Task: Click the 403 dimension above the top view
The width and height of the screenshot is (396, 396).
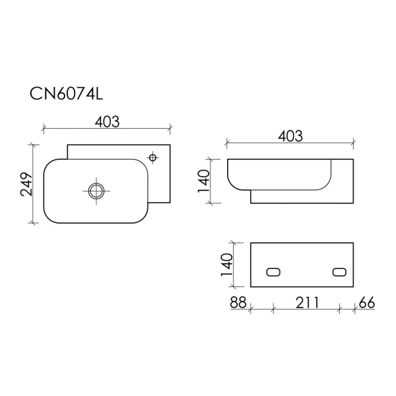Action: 107,121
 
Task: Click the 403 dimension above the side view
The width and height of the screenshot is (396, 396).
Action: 290,137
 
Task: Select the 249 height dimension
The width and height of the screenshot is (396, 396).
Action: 26,185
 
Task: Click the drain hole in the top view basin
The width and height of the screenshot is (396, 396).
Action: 96,191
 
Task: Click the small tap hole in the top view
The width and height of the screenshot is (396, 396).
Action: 152,158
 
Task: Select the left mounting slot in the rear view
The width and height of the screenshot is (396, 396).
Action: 273,272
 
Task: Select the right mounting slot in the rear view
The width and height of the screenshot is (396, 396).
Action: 340,272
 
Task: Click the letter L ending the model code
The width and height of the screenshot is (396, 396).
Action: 99,94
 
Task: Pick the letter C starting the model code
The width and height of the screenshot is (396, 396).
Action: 36,94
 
